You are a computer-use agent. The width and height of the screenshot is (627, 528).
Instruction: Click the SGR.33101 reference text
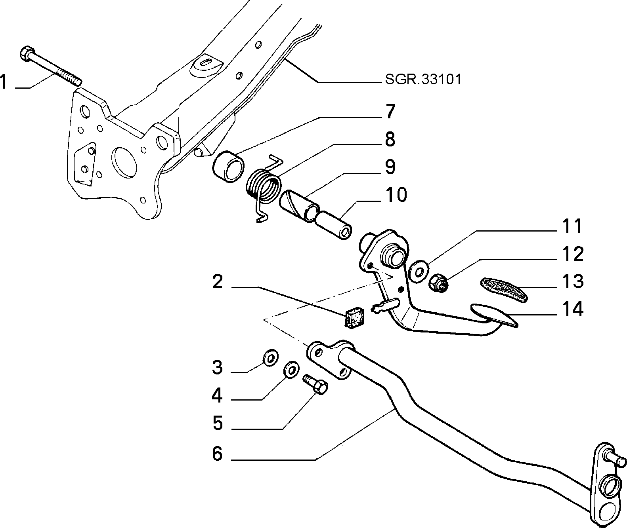(423, 80)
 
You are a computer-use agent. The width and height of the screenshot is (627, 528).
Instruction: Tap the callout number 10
(396, 195)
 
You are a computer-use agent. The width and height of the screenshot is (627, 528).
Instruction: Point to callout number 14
(573, 309)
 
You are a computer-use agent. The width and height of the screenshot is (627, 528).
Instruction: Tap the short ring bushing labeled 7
(228, 167)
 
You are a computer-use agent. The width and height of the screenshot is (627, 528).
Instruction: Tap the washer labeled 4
(291, 370)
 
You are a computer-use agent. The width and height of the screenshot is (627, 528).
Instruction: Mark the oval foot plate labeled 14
(494, 315)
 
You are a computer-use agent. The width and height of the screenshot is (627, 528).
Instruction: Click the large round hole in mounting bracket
(124, 162)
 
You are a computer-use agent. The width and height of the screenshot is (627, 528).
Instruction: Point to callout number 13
(573, 281)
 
